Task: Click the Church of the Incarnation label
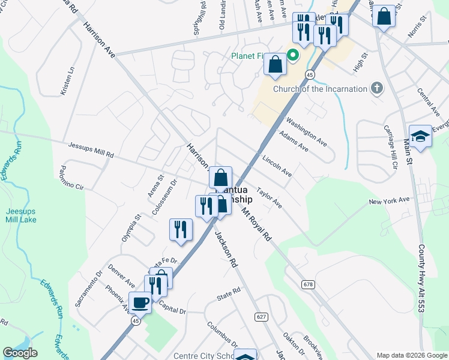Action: [x=320, y=89]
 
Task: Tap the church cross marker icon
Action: [x=376, y=89]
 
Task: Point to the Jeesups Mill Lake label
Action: [x=21, y=215]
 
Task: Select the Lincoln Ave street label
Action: [x=277, y=166]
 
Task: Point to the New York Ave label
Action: [x=389, y=200]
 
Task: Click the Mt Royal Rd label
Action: [x=256, y=224]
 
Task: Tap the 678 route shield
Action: [x=309, y=284]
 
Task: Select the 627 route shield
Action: [x=261, y=316]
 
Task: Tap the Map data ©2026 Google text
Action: [x=411, y=355]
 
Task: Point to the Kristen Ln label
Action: [x=67, y=80]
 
